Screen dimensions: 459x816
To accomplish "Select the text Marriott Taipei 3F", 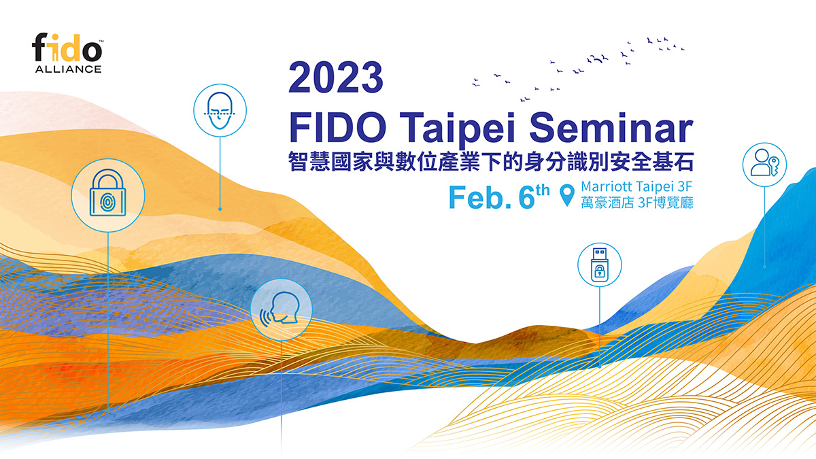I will tap(636, 186).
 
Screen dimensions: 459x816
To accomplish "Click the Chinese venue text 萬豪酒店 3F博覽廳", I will tap(636, 203).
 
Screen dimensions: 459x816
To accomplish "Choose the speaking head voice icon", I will tap(282, 309).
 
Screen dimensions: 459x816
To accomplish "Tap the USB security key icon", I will tap(599, 263).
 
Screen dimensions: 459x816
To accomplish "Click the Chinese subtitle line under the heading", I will tap(492, 162).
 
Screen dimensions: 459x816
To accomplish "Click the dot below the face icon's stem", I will tap(219, 209).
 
